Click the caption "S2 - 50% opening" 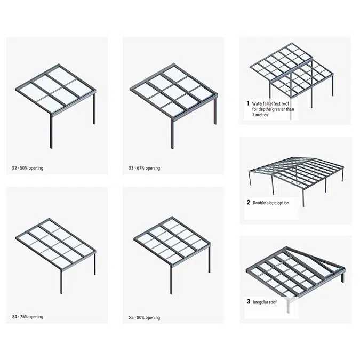pyautogui.click(x=28, y=168)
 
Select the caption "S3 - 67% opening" pyautogui.click(x=145, y=168)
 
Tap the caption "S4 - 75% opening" pyautogui.click(x=28, y=317)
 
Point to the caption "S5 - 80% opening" pyautogui.click(x=145, y=318)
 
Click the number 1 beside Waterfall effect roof pyautogui.click(x=248, y=103)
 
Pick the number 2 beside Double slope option pyautogui.click(x=249, y=202)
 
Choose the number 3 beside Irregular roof pyautogui.click(x=249, y=301)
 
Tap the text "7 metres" pyautogui.click(x=260, y=115)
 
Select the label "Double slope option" pyautogui.click(x=271, y=203)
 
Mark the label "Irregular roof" pyautogui.click(x=265, y=302)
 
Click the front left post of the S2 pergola pyautogui.click(x=51, y=131)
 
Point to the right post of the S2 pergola pyautogui.click(x=94, y=108)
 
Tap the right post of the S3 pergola pyautogui.click(x=215, y=111)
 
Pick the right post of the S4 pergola pyautogui.click(x=94, y=263)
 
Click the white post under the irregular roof pyautogui.click(x=289, y=306)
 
